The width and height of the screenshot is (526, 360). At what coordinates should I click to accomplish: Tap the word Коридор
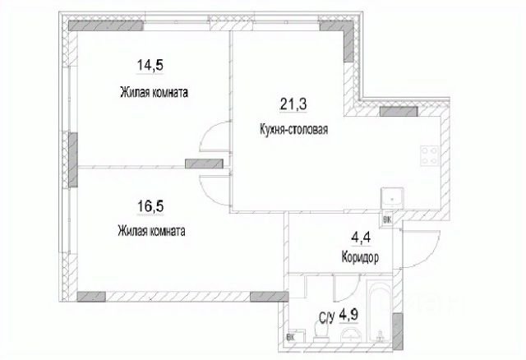359,256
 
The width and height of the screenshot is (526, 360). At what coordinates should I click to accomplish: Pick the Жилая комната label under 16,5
150,231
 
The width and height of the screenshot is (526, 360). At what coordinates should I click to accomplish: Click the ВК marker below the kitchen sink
388,219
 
